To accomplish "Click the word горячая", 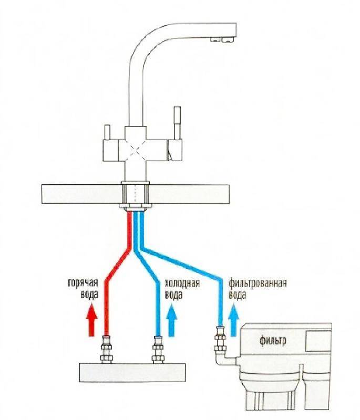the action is (83, 283).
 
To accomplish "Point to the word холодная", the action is (182, 283).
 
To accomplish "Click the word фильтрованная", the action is (258, 283).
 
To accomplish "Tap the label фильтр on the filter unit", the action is (273, 340).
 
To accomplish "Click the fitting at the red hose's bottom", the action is (106, 350).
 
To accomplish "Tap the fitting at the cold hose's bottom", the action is (158, 350).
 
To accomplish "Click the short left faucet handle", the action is (107, 132).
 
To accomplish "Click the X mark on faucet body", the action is (136, 151).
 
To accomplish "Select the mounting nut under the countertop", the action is (136, 206).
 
